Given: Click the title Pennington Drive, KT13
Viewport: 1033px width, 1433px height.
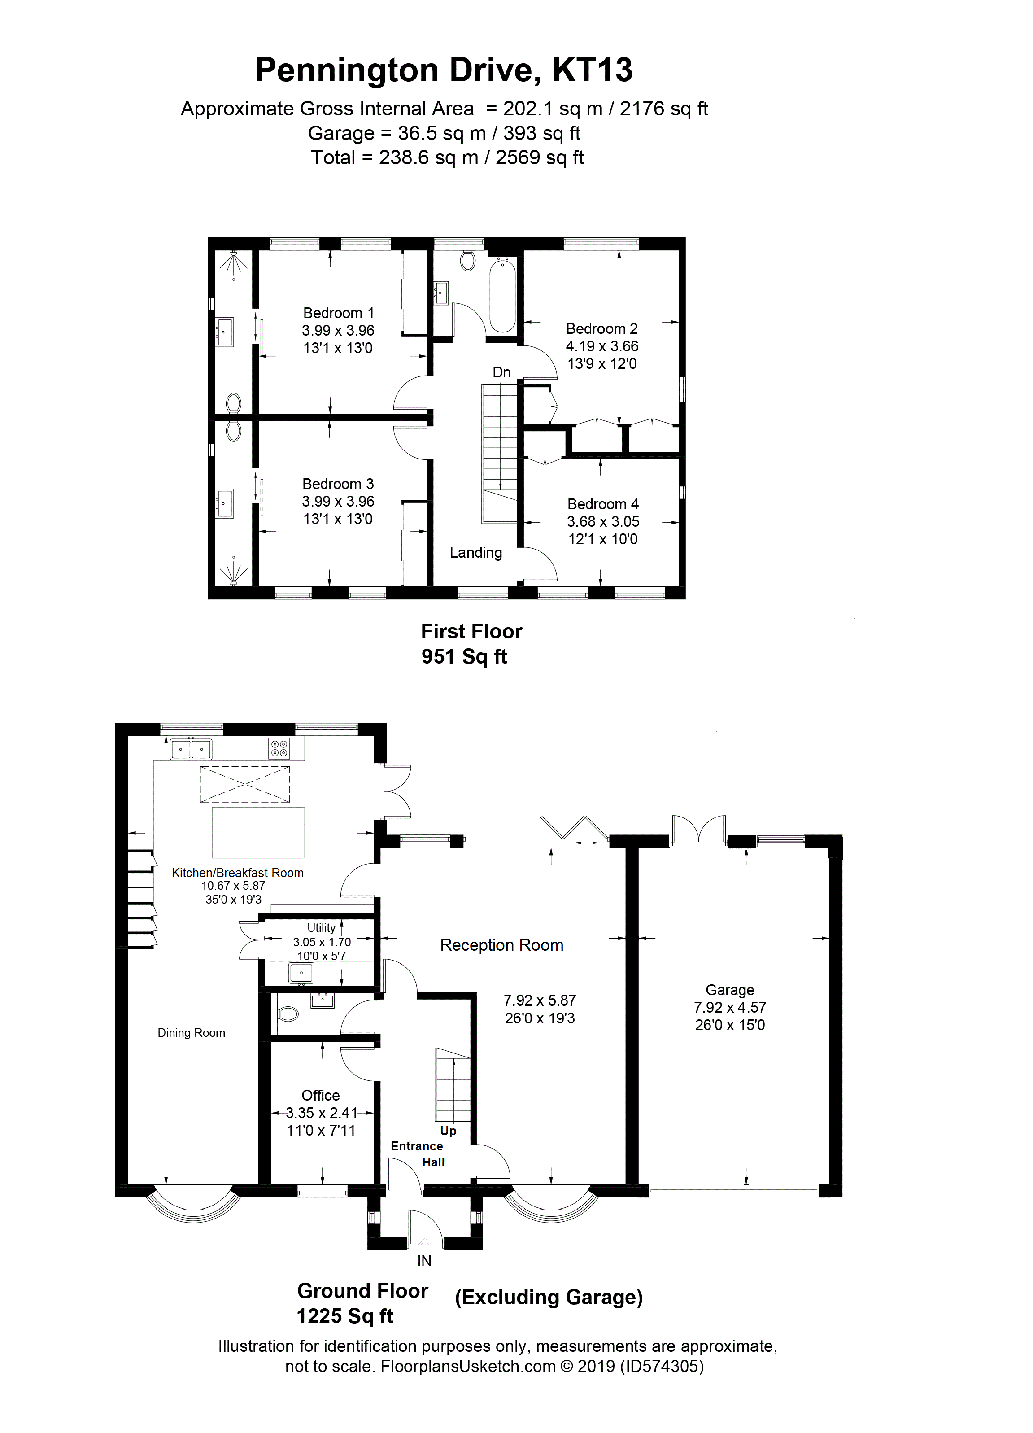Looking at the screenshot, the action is [444, 70].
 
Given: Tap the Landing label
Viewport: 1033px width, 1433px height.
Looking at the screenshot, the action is [476, 552].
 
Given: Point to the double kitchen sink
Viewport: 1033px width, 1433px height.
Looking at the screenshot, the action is [191, 749].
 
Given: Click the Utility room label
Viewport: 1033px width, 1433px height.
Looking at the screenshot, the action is [321, 927].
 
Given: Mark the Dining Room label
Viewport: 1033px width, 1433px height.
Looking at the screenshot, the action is [192, 1032].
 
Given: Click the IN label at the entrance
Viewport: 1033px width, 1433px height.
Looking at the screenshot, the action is [425, 1261].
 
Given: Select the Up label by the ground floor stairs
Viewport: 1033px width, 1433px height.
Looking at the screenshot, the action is [448, 1130].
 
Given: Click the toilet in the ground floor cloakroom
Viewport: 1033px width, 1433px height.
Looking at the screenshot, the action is [288, 1014].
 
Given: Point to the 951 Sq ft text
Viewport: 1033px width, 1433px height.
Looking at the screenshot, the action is [464, 656].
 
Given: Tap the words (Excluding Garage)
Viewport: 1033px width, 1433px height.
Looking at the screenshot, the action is [549, 1297].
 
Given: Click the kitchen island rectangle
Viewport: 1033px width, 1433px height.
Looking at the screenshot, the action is [258, 832].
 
